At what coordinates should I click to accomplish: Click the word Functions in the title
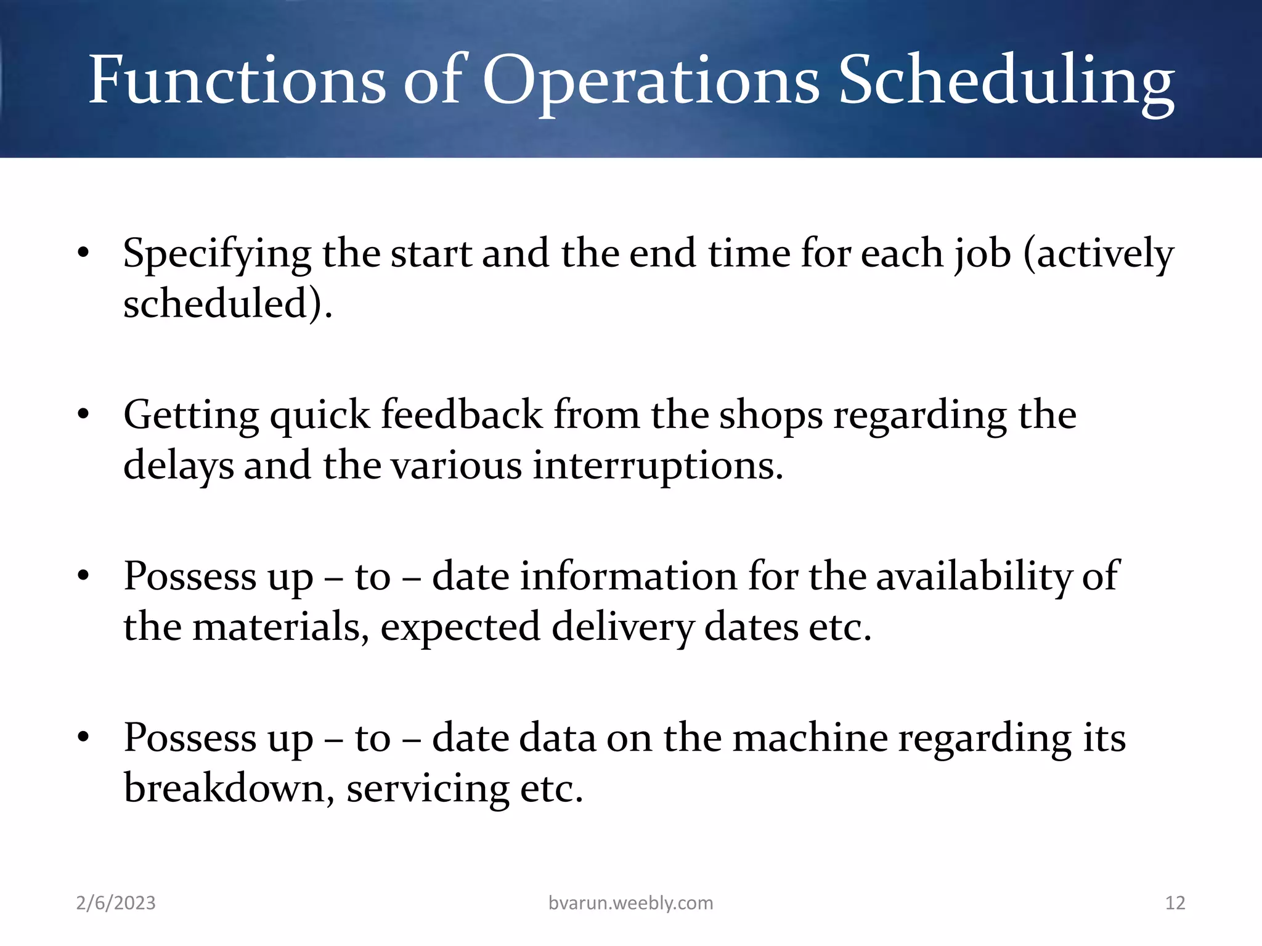pos(237,80)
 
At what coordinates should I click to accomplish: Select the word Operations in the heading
pos(651,80)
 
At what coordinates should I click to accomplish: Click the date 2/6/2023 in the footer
pos(116,903)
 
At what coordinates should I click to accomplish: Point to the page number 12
pos(1175,903)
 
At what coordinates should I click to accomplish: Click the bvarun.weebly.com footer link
pos(630,903)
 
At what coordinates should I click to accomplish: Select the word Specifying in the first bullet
pos(217,254)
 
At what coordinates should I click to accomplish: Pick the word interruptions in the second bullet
pos(657,465)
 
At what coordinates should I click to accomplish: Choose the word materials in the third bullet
pos(281,627)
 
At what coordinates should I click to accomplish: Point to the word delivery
pos(622,627)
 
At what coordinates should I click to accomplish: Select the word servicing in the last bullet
pos(428,788)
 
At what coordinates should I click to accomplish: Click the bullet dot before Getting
pos(84,414)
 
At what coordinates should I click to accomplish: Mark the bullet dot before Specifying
pos(84,254)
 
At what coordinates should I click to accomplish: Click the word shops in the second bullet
pos(771,414)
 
